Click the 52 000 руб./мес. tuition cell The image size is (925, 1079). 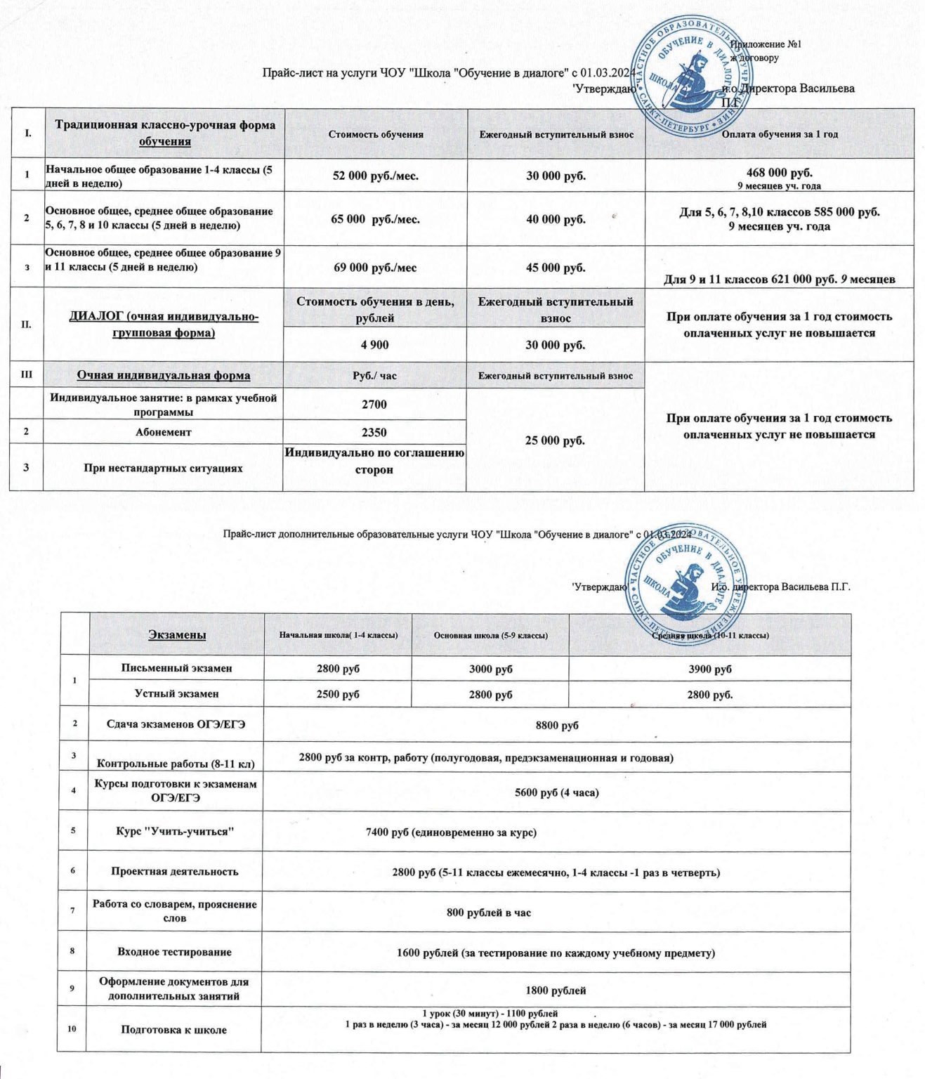[375, 176]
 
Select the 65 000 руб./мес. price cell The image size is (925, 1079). [375, 219]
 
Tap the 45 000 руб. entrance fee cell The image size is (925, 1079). [556, 268]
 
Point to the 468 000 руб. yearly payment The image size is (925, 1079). [780, 173]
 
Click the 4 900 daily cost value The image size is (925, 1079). [374, 345]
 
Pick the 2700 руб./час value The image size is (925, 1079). [374, 404]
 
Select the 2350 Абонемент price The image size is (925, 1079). [374, 432]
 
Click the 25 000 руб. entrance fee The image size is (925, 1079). [556, 440]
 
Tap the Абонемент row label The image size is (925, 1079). [163, 432]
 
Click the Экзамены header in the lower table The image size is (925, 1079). [177, 635]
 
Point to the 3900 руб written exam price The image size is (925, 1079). [710, 669]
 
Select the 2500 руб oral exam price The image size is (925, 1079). [338, 694]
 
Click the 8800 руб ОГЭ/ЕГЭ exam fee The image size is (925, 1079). [557, 725]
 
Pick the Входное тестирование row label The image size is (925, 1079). [174, 952]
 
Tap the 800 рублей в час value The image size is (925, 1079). [489, 913]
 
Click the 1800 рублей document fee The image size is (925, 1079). [556, 990]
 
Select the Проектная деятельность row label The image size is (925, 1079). [174, 871]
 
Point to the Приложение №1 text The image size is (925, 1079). [766, 44]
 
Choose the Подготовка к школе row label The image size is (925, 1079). [173, 1030]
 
